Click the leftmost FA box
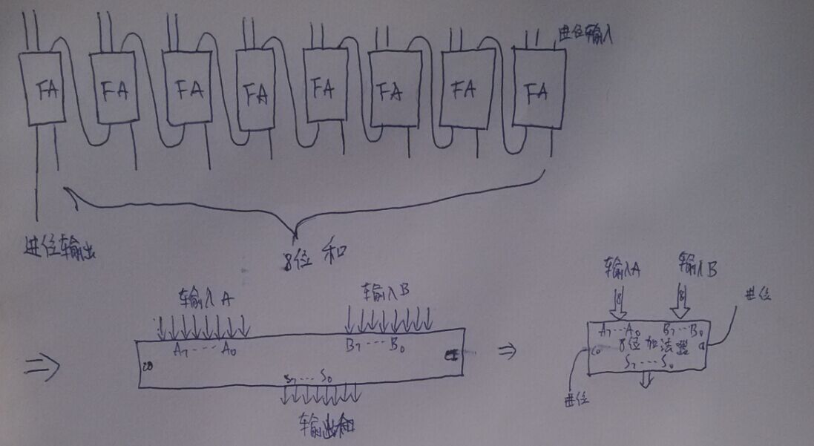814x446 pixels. [x=42, y=88]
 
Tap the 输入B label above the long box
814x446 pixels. [x=385, y=291]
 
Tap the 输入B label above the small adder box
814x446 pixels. [x=697, y=264]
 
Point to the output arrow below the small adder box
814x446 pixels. [x=647, y=378]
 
